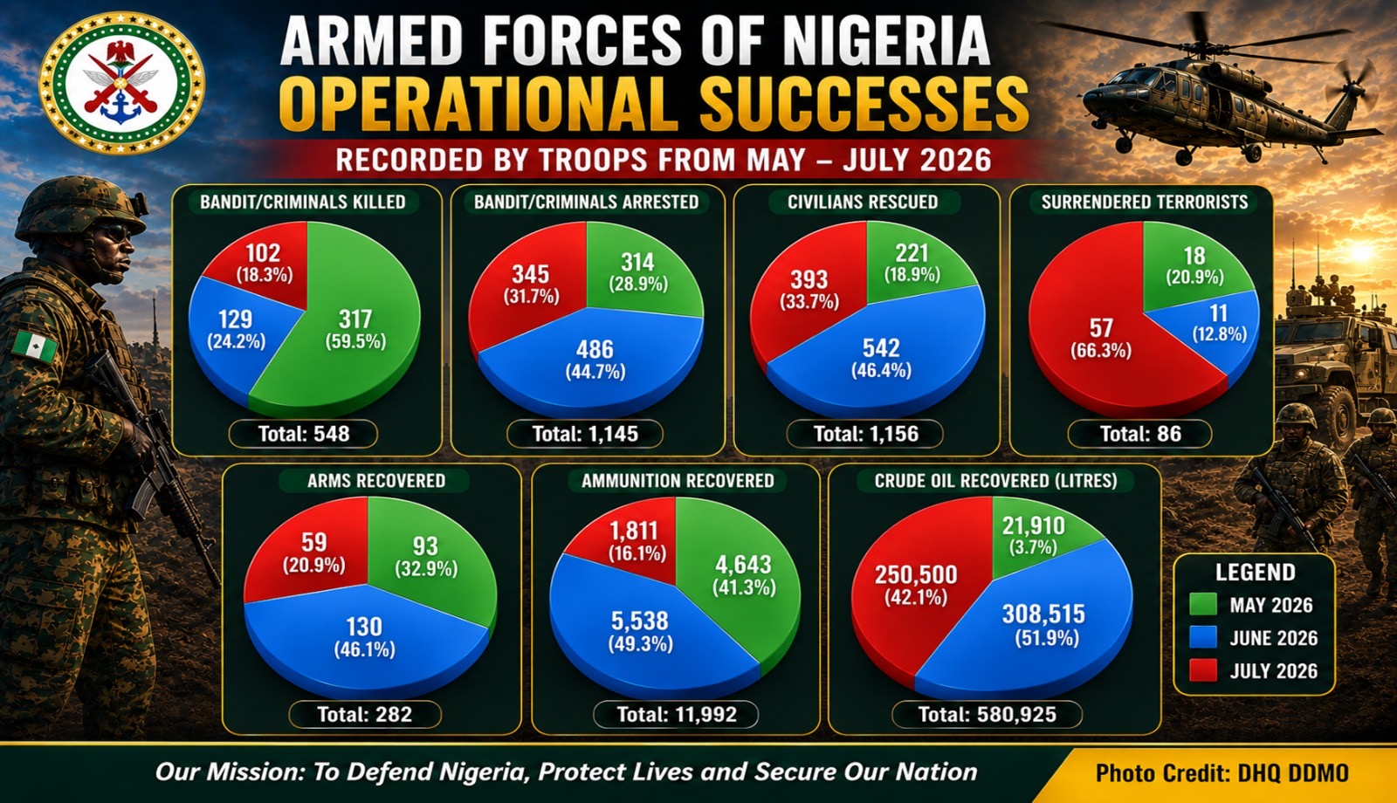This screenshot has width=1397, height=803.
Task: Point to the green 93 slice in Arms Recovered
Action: pyautogui.click(x=430, y=561)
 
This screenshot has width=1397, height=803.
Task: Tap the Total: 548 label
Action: pyautogui.click(x=304, y=434)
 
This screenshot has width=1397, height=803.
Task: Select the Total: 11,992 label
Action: pyautogui.click(x=676, y=714)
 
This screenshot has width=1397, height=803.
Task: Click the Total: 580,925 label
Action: pyautogui.click(x=988, y=714)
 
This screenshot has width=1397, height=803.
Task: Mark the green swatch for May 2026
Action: pyautogui.click(x=1203, y=605)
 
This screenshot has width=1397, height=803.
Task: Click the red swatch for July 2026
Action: pyautogui.click(x=1203, y=671)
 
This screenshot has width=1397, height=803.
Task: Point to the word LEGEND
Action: pyautogui.click(x=1255, y=573)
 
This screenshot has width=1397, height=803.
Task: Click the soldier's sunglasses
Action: pyautogui.click(x=117, y=233)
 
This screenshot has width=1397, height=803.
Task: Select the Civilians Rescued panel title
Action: pyautogui.click(x=863, y=202)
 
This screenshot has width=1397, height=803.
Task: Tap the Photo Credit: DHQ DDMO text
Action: pyautogui.click(x=1222, y=773)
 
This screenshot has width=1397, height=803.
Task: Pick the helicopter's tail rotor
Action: pyautogui.click(x=1353, y=87)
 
